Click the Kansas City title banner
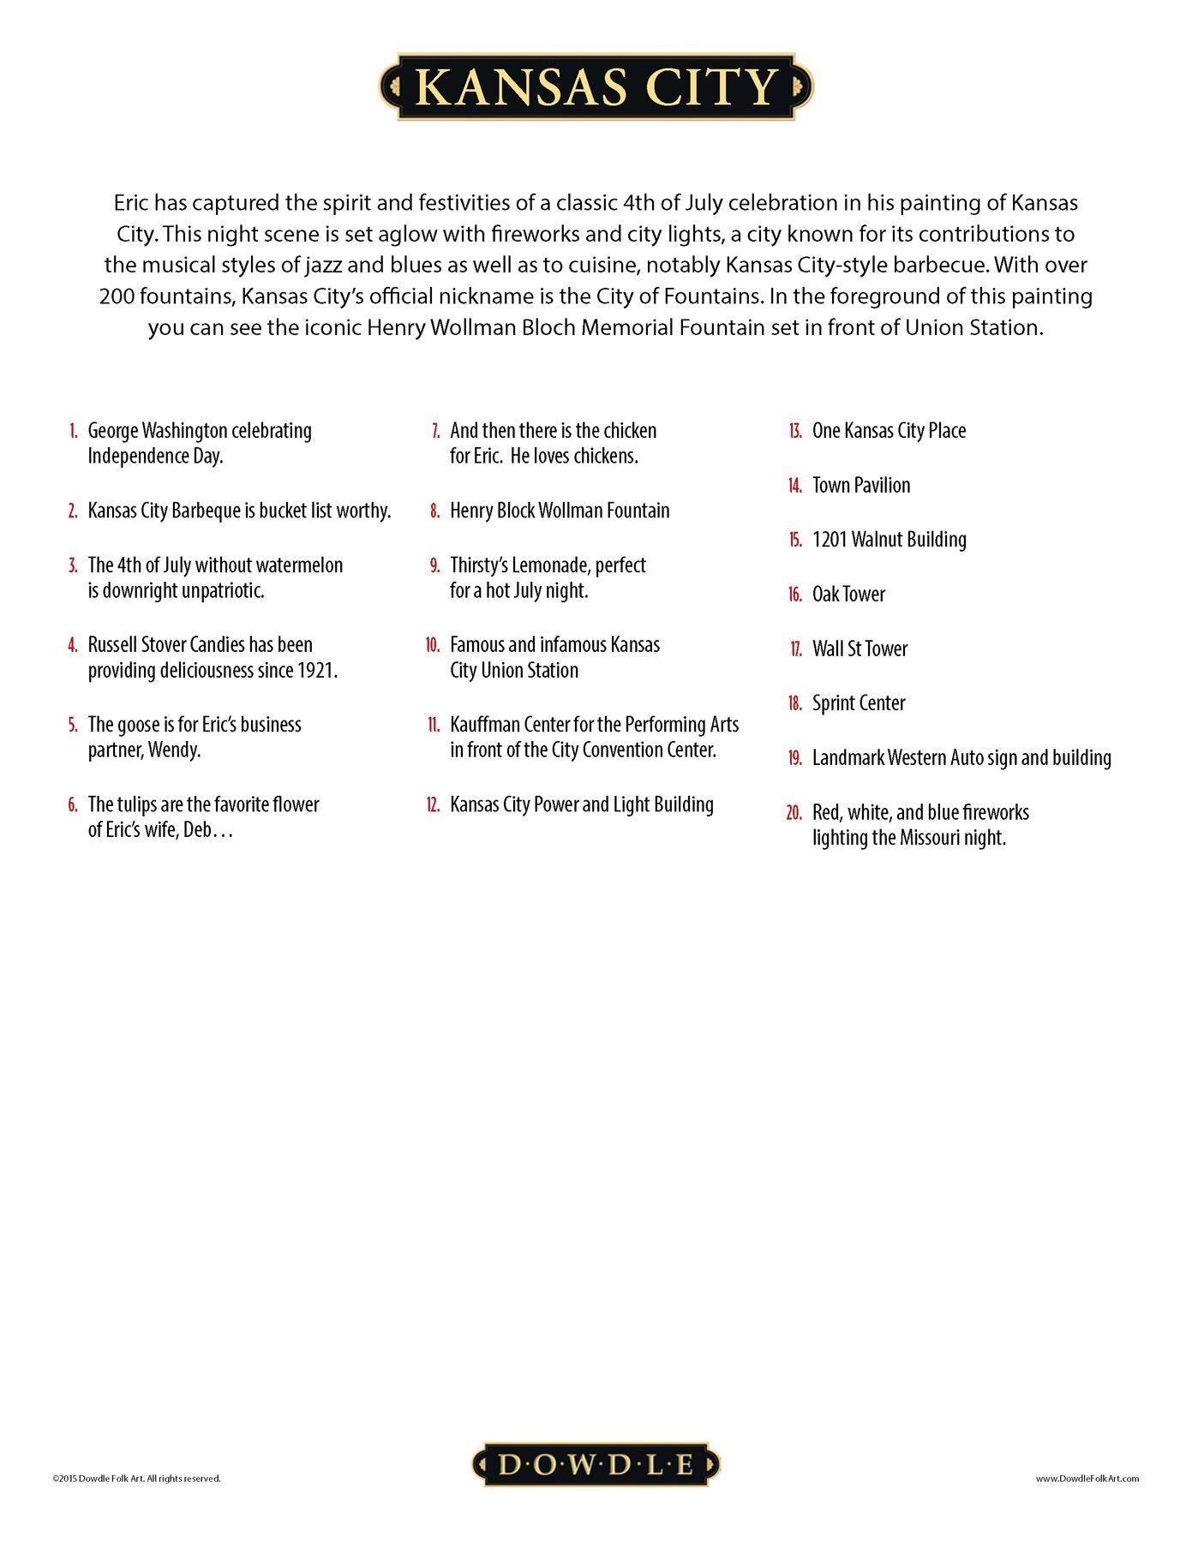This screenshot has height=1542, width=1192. [x=596, y=87]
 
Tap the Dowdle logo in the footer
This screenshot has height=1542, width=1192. [x=596, y=1464]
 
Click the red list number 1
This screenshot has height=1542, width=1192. [x=74, y=431]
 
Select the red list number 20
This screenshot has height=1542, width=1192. [x=794, y=813]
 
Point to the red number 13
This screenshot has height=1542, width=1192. [x=794, y=431]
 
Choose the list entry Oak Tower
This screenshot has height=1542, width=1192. [x=848, y=595]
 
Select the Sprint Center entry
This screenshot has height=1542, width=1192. [x=859, y=703]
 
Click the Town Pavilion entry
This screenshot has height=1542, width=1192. [x=861, y=486]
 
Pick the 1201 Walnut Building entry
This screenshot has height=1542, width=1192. [x=889, y=540]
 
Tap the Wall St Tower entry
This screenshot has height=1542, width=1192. [x=860, y=649]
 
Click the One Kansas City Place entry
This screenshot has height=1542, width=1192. [x=889, y=431]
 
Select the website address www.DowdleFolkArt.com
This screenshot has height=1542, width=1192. [x=1087, y=1478]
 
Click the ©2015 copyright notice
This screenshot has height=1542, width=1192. [x=136, y=1478]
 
